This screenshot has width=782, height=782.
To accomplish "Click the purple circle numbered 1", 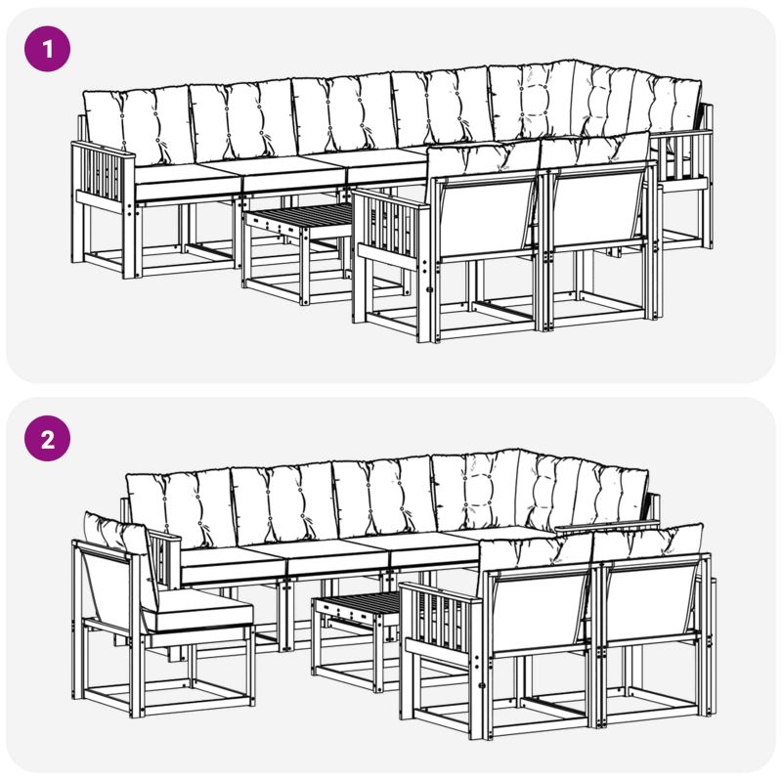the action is point(47,49).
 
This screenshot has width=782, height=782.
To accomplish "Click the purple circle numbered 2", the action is point(47,439).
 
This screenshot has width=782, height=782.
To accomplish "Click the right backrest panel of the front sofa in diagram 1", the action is point(597,209).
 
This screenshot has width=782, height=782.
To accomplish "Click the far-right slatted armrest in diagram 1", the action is point(682,158).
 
